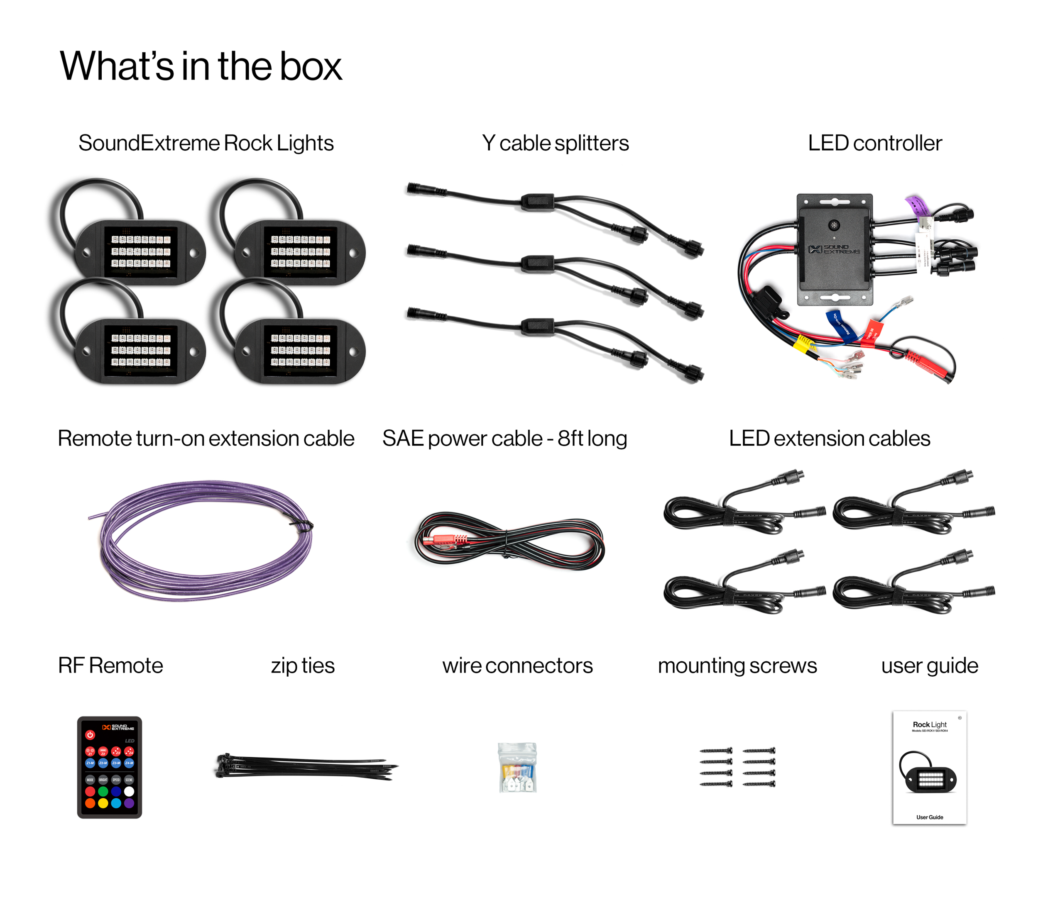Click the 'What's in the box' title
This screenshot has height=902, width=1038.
201,66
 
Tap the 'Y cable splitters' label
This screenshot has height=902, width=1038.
555,144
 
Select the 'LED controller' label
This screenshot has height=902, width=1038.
875,144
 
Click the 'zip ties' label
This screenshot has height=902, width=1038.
303,666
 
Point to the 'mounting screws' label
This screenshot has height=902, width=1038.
737,666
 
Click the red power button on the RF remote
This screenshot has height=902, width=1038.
90,735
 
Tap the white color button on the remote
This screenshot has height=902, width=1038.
129,792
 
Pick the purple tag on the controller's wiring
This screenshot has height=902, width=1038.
918,206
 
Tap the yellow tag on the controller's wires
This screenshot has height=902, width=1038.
804,345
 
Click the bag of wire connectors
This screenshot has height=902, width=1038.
517,767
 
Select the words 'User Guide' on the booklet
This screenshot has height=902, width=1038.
929,817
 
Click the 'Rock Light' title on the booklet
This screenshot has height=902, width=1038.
929,725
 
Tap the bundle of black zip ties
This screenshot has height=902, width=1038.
306,765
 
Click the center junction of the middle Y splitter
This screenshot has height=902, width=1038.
537,263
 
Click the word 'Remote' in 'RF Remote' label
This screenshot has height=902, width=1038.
126,666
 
